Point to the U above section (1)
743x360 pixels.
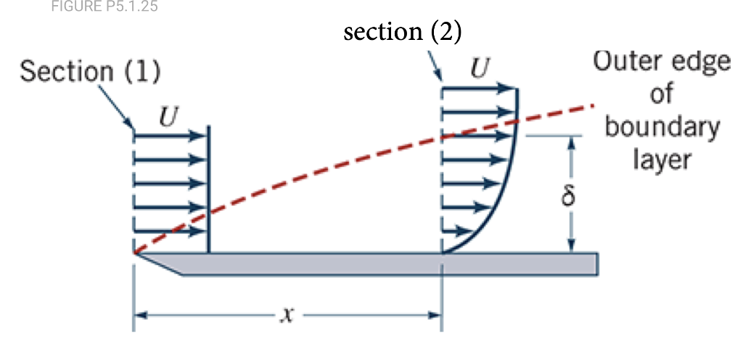(x=168, y=116)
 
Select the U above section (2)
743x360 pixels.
(x=479, y=70)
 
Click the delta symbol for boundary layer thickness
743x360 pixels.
(x=570, y=195)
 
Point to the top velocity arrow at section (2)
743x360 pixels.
(x=479, y=89)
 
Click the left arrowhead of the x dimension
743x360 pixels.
(x=140, y=316)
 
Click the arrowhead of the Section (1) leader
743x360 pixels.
(x=131, y=126)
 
